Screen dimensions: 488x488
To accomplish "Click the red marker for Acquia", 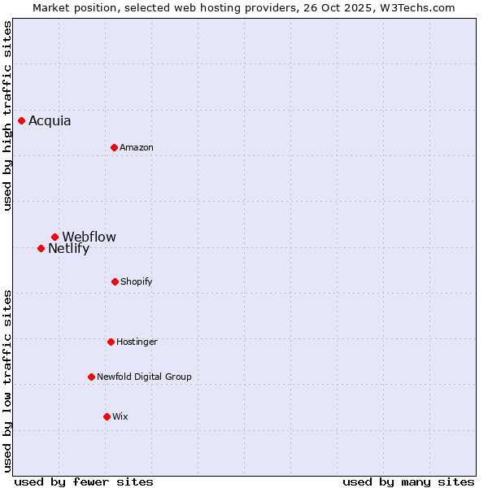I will (x=22, y=121).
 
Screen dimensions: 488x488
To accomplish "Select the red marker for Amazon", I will (x=115, y=147).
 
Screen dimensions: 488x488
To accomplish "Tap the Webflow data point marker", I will (x=55, y=237).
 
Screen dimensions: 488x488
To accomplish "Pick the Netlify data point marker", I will (x=41, y=248).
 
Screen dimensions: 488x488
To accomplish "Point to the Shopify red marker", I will (x=115, y=281).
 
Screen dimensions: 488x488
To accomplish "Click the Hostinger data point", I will (x=111, y=342).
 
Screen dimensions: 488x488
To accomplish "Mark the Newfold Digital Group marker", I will (x=91, y=377).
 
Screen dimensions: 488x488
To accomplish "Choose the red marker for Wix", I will (x=107, y=416).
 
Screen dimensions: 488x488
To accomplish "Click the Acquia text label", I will (x=50, y=121).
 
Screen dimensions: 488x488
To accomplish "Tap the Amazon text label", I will (x=137, y=147).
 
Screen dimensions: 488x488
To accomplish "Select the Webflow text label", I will (x=89, y=237).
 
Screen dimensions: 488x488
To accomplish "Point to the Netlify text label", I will (x=68, y=249).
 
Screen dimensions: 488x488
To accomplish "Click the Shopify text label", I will (x=137, y=281).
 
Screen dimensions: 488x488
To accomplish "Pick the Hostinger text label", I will (x=137, y=342).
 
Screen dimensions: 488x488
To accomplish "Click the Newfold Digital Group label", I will (x=144, y=377).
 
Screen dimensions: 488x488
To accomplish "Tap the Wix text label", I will (x=120, y=416).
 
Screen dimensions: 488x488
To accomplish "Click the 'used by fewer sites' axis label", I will (x=84, y=481).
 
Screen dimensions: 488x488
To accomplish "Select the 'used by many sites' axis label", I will (x=408, y=481).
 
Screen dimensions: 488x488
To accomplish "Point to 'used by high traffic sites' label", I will (x=7, y=115).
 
